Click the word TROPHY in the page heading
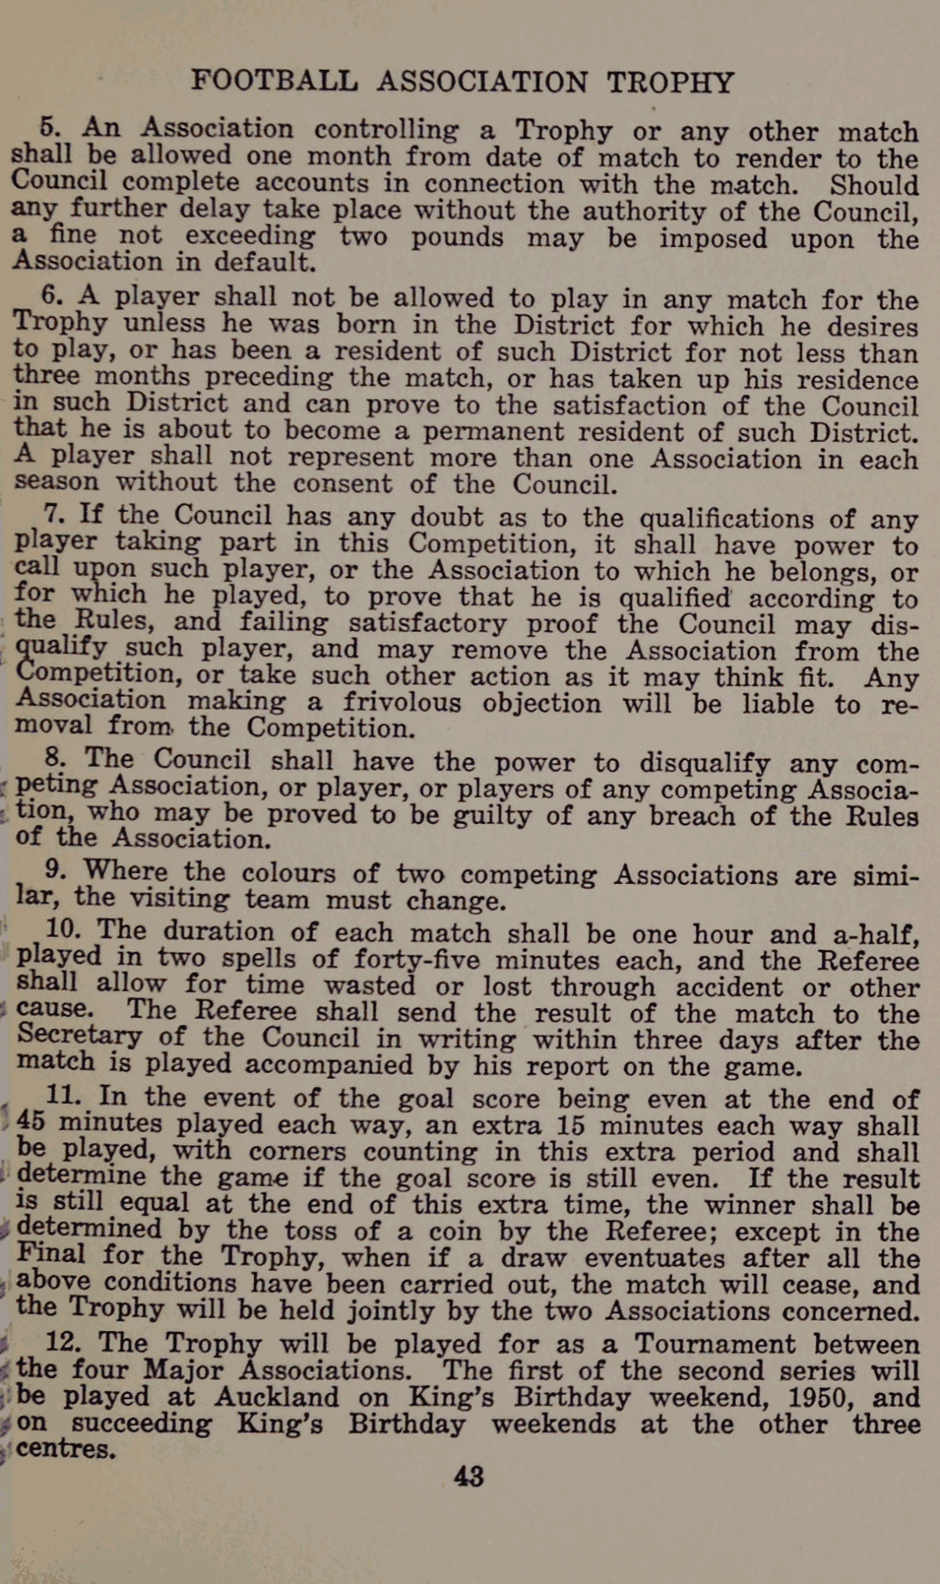pyautogui.click(x=670, y=83)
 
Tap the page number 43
pyautogui.click(x=468, y=1476)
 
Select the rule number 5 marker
pyautogui.click(x=51, y=127)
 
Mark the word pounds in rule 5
pyautogui.click(x=456, y=237)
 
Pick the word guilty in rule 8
pyautogui.click(x=501, y=815)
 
